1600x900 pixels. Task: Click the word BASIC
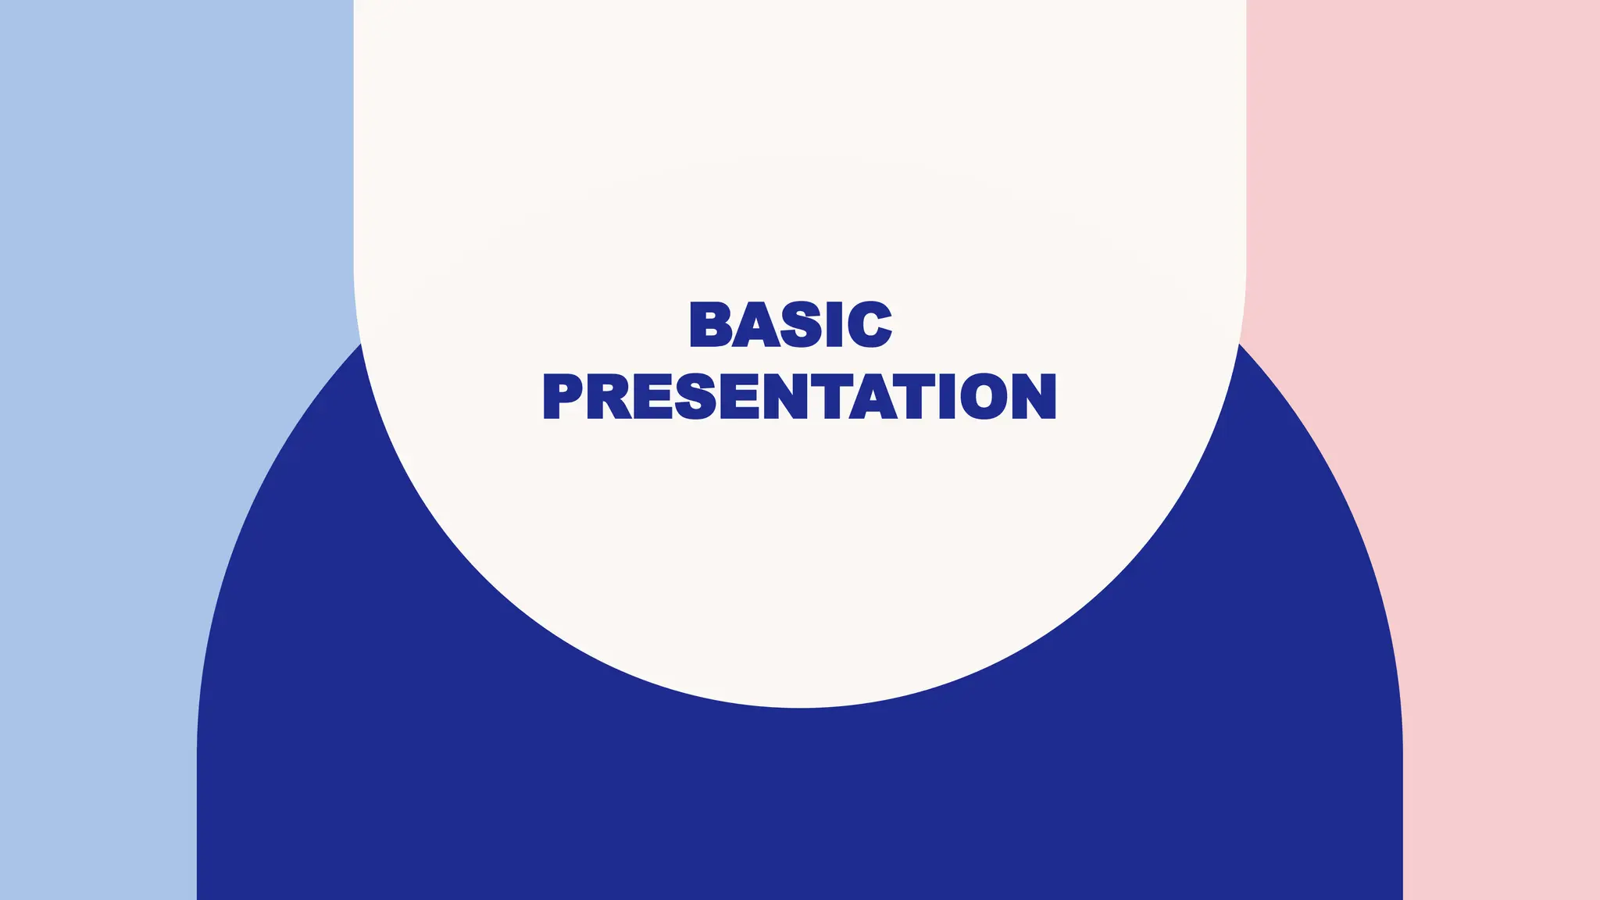coord(791,324)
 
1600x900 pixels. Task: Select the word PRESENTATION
coord(799,396)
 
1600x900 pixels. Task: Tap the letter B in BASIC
coord(709,324)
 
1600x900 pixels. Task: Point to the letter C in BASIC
coord(870,324)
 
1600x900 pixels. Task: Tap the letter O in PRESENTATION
coord(984,396)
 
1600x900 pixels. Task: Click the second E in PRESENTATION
coord(738,396)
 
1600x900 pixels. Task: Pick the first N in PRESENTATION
coord(784,396)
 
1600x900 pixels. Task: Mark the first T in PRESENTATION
coord(828,396)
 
